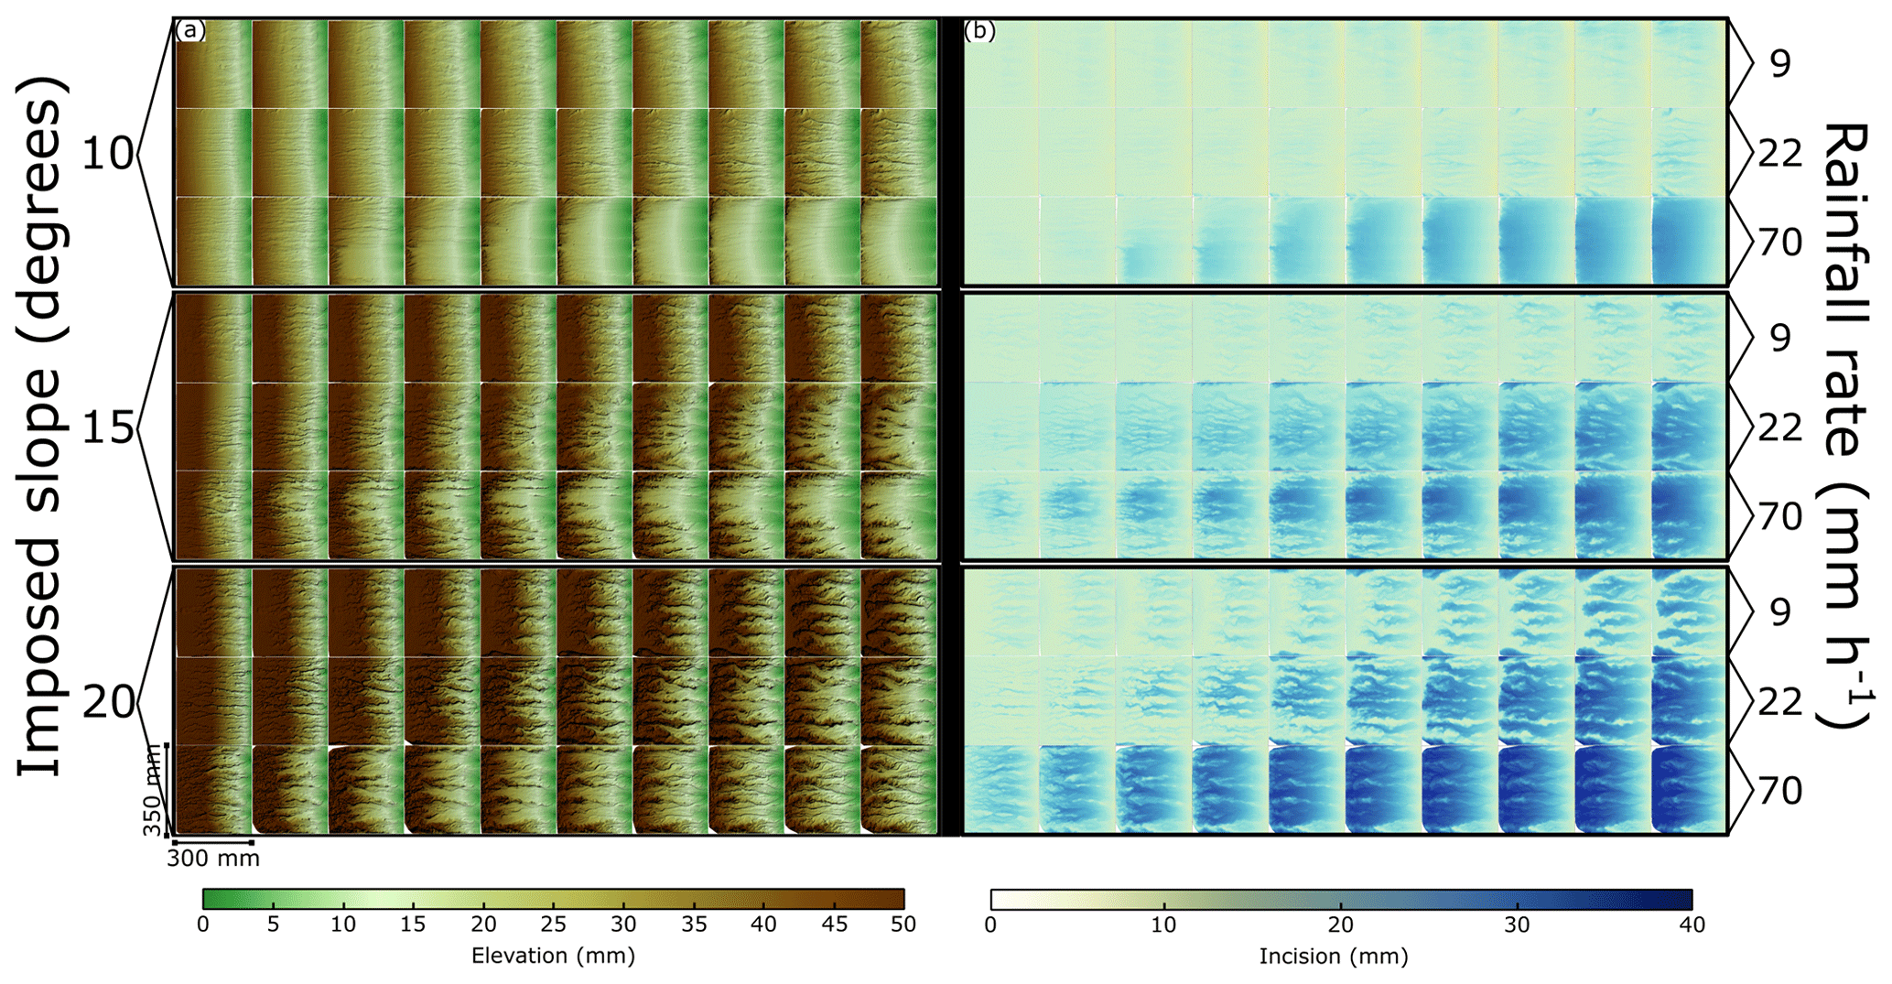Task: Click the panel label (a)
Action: click(189, 31)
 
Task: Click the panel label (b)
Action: click(979, 31)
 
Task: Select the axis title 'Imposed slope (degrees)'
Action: click(40, 427)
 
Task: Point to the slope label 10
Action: click(108, 155)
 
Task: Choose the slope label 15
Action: click(108, 428)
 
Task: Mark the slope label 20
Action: click(108, 702)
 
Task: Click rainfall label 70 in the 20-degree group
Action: click(1779, 791)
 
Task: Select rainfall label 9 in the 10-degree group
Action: click(1779, 64)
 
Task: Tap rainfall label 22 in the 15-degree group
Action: click(1779, 427)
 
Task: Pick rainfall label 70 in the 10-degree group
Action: click(1779, 243)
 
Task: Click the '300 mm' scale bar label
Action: click(213, 859)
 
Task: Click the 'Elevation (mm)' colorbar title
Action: click(553, 957)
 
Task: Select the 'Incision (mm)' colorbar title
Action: click(1334, 957)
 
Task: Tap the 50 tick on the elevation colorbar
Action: click(903, 925)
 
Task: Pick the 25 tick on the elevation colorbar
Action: click(553, 925)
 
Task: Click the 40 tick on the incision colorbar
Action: click(1692, 925)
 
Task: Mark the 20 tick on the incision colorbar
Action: click(1341, 925)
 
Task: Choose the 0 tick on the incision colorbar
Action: click(990, 925)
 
